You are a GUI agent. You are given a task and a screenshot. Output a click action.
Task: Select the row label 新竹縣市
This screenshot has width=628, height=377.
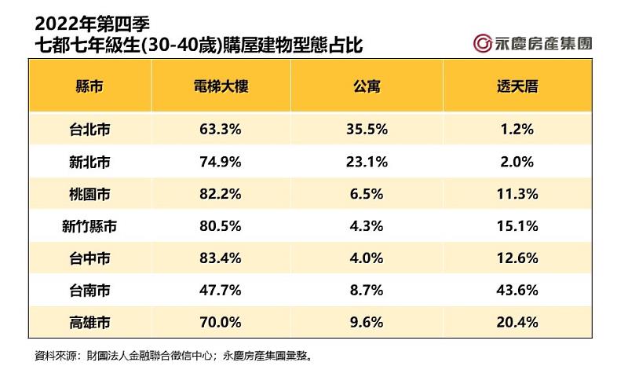[x=89, y=226]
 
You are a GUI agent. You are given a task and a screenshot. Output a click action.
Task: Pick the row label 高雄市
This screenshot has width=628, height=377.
[x=89, y=321]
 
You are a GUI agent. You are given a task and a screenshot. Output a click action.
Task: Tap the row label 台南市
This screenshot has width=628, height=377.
[x=89, y=290]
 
